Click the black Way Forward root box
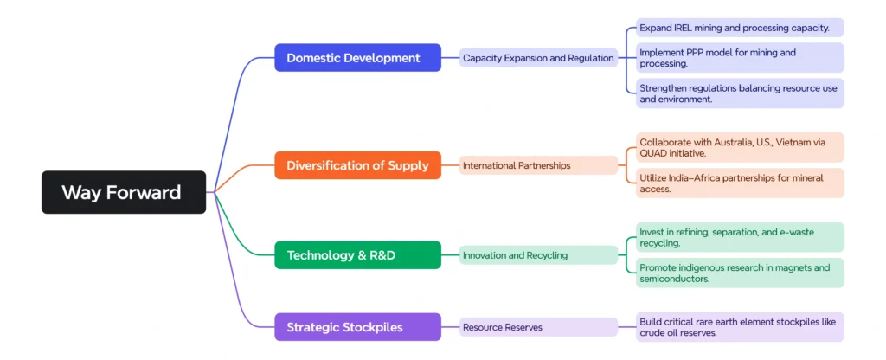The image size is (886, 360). [x=124, y=192]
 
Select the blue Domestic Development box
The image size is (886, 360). [x=357, y=58]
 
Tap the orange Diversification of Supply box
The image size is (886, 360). [x=357, y=165]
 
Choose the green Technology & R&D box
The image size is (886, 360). [x=357, y=255]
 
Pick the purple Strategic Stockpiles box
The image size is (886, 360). [x=357, y=327]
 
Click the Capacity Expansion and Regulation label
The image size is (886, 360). [x=538, y=58]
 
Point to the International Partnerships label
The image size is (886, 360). [x=538, y=165]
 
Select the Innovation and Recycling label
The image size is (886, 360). [x=538, y=255]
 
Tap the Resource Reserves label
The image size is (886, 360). [x=538, y=327]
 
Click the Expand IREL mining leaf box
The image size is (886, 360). [x=741, y=28]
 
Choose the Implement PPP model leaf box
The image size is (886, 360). [x=741, y=58]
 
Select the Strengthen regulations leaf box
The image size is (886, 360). [x=741, y=93]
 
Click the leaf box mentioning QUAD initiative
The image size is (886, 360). [x=741, y=147]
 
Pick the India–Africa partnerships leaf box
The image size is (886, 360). [x=741, y=183]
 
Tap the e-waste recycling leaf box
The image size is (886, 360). [x=741, y=237]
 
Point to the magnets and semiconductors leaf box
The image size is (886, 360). [x=741, y=273]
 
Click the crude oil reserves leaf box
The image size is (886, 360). [x=741, y=327]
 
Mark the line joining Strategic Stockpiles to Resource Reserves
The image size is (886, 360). [x=450, y=327]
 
